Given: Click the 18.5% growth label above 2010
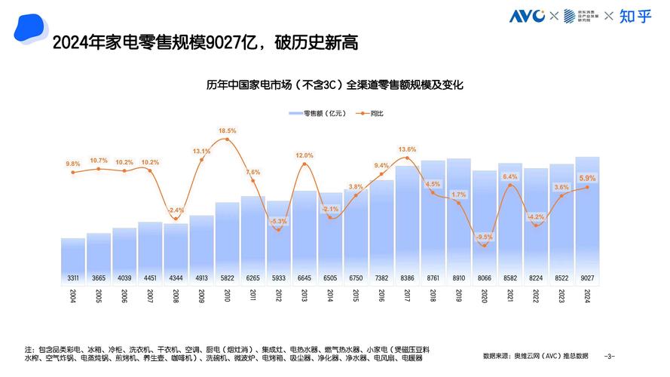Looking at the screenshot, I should [227, 130].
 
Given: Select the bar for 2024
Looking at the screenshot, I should [586, 219].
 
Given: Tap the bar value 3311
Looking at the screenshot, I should [72, 277].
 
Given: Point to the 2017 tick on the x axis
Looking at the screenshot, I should [407, 295].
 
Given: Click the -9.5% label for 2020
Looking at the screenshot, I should [484, 237].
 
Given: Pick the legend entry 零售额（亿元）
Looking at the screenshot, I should [317, 113].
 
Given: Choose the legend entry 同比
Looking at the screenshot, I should [372, 113].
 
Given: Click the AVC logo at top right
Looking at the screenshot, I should [527, 16].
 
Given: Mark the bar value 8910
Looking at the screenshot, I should [458, 277].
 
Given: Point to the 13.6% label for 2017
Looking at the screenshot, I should [407, 149].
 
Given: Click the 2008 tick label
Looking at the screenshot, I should [176, 295].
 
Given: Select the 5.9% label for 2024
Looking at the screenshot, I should [586, 178].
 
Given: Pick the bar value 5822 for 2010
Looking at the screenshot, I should [227, 277].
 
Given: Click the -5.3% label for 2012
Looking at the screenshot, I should [278, 221].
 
